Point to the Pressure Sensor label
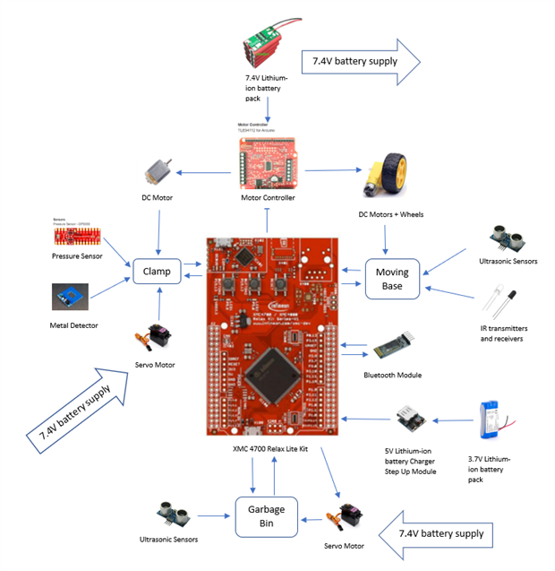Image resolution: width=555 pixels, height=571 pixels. coord(78,256)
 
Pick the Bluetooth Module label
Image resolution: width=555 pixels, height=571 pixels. coord(392,375)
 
